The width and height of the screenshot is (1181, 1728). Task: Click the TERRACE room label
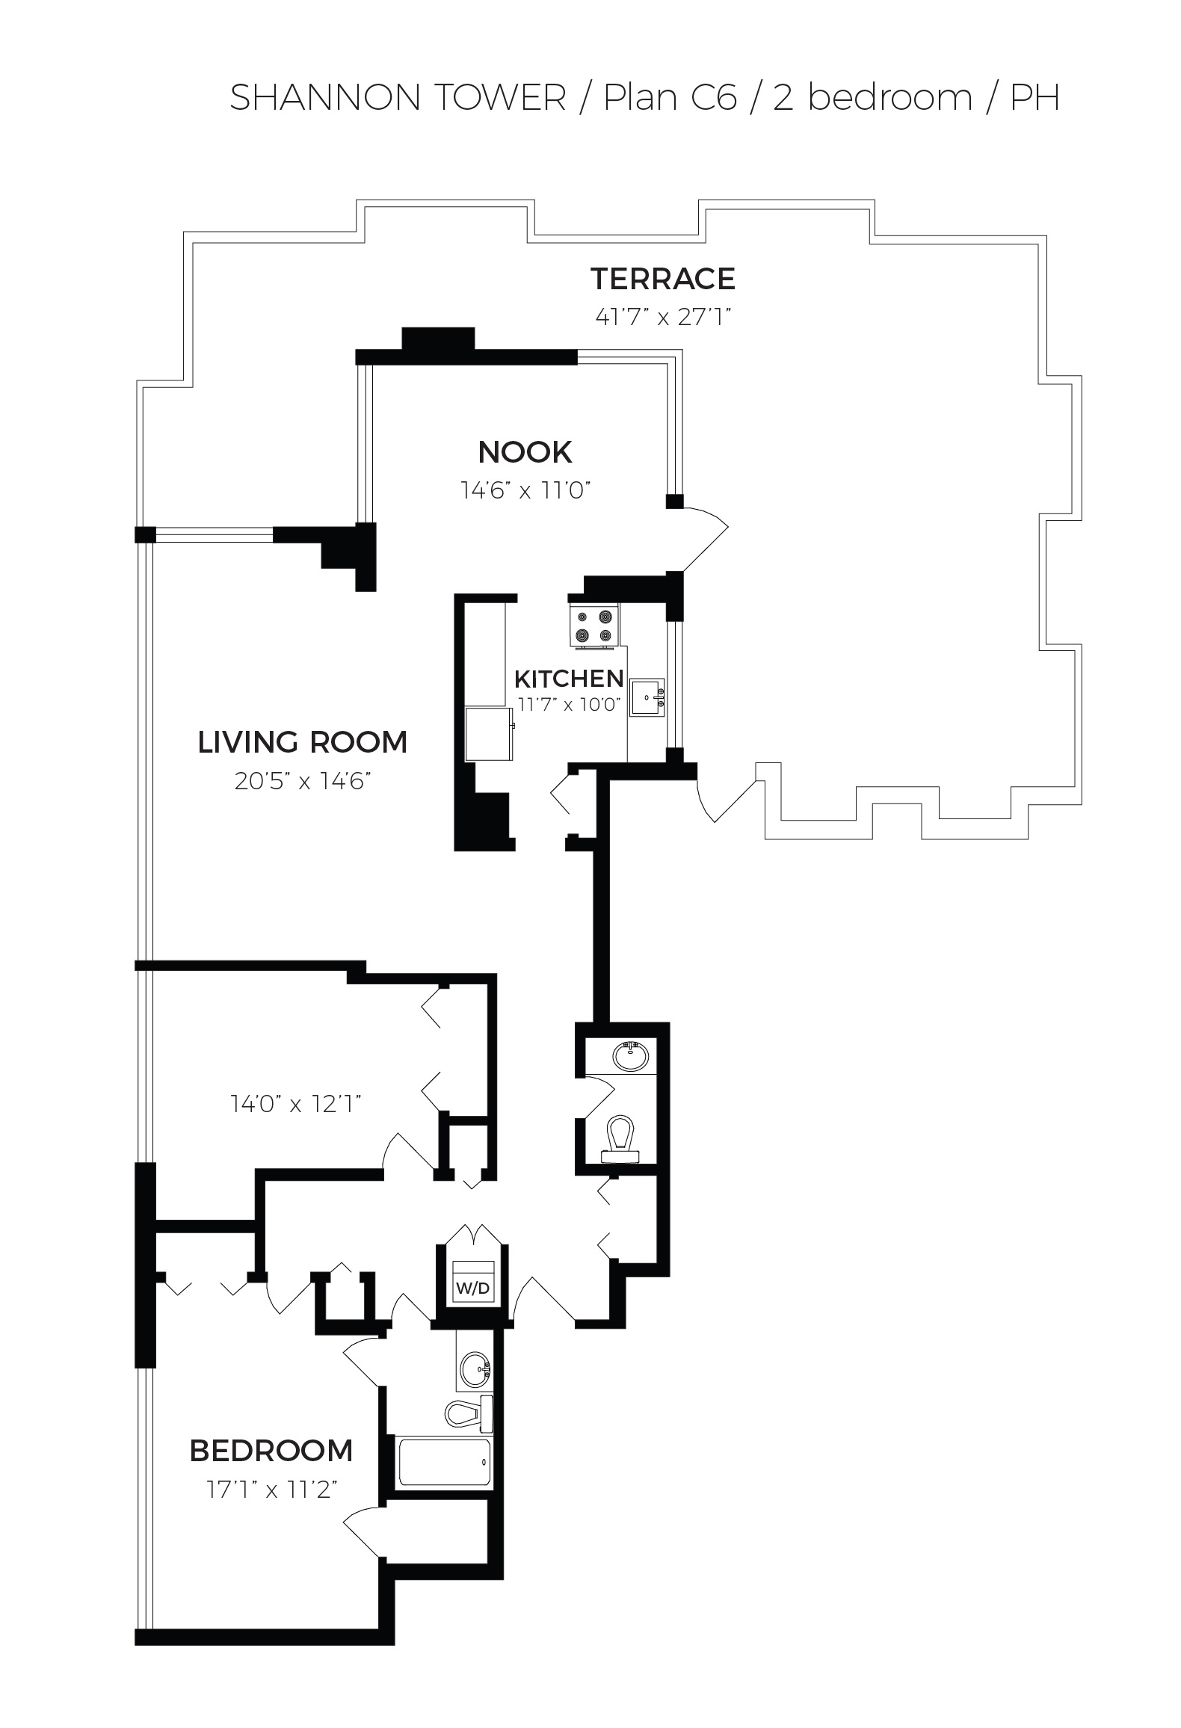click(663, 279)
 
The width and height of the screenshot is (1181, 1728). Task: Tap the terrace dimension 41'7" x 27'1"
click(662, 317)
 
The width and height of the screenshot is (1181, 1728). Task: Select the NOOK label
click(525, 452)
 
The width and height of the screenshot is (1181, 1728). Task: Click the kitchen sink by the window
click(646, 697)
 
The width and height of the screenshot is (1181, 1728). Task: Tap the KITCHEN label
click(569, 679)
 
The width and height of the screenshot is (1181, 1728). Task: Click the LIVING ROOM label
click(302, 742)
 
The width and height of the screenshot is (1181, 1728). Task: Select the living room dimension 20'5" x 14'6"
click(302, 781)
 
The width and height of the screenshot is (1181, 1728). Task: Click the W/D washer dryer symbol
click(472, 1288)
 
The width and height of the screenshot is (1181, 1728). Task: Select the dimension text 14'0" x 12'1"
click(296, 1103)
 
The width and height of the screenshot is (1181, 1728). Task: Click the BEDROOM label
click(271, 1451)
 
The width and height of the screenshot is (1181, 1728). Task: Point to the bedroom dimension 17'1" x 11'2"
click(272, 1490)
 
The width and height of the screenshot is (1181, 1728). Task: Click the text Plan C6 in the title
click(670, 98)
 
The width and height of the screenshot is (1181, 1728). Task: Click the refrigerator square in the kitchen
click(489, 735)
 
